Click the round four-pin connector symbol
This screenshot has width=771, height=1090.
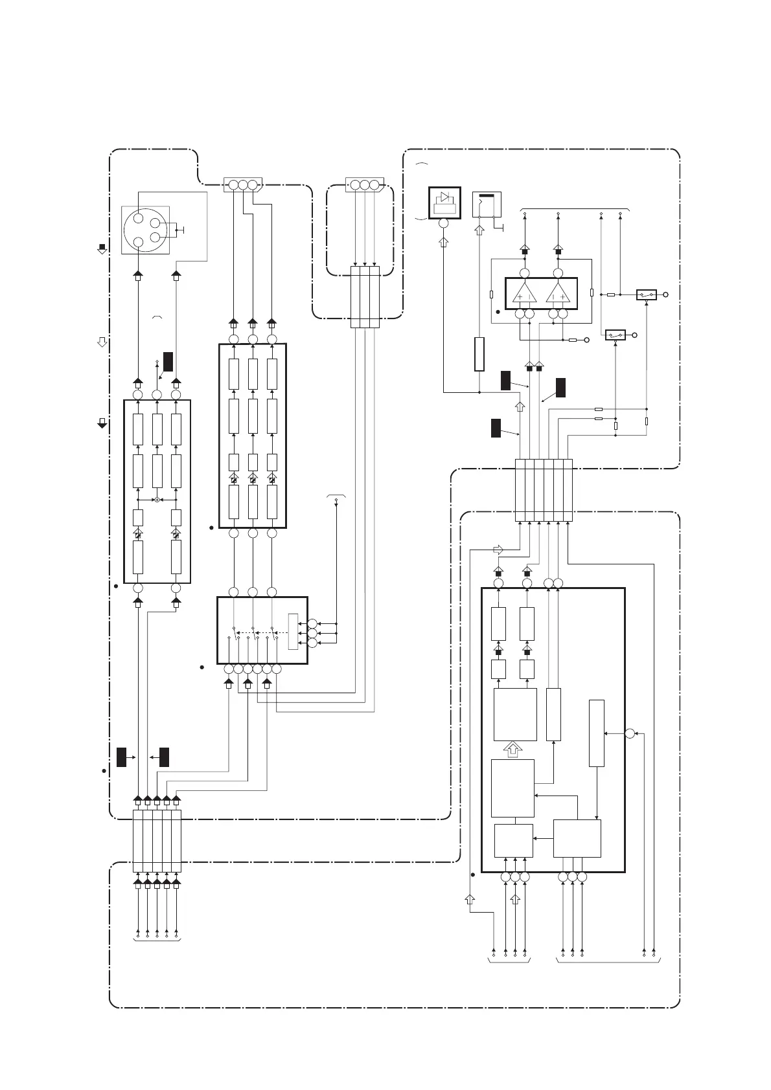(146, 230)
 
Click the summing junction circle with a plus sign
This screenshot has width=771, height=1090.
(157, 500)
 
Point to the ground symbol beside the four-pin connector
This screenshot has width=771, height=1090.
(182, 230)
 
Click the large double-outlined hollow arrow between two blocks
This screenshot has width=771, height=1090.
(513, 750)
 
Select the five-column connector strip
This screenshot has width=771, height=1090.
(157, 840)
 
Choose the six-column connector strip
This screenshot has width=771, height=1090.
(544, 489)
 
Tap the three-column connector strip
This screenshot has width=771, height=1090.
(365, 296)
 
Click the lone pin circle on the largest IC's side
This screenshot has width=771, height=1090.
(630, 733)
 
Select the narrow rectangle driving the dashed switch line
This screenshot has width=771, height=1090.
(293, 631)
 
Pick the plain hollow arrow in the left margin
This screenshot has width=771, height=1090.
(102, 342)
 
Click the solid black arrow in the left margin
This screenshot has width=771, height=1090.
(102, 423)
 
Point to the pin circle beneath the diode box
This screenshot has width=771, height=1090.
(444, 224)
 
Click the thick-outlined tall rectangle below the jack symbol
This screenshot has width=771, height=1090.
(479, 353)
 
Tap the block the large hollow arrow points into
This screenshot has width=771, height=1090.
(515, 714)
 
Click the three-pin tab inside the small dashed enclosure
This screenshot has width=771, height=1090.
(365, 185)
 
